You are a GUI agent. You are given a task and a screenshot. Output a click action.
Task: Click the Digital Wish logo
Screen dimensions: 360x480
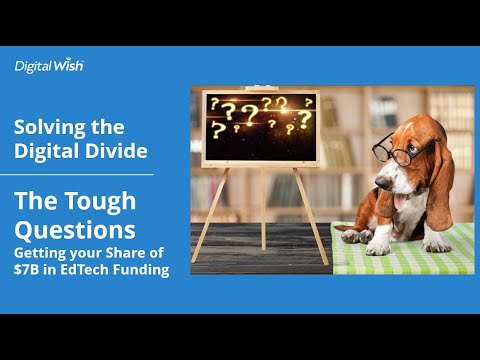[49, 66]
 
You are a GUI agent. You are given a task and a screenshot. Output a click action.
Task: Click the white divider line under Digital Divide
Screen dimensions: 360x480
[83, 174]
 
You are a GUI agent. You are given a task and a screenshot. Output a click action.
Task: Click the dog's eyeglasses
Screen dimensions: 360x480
[395, 150]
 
